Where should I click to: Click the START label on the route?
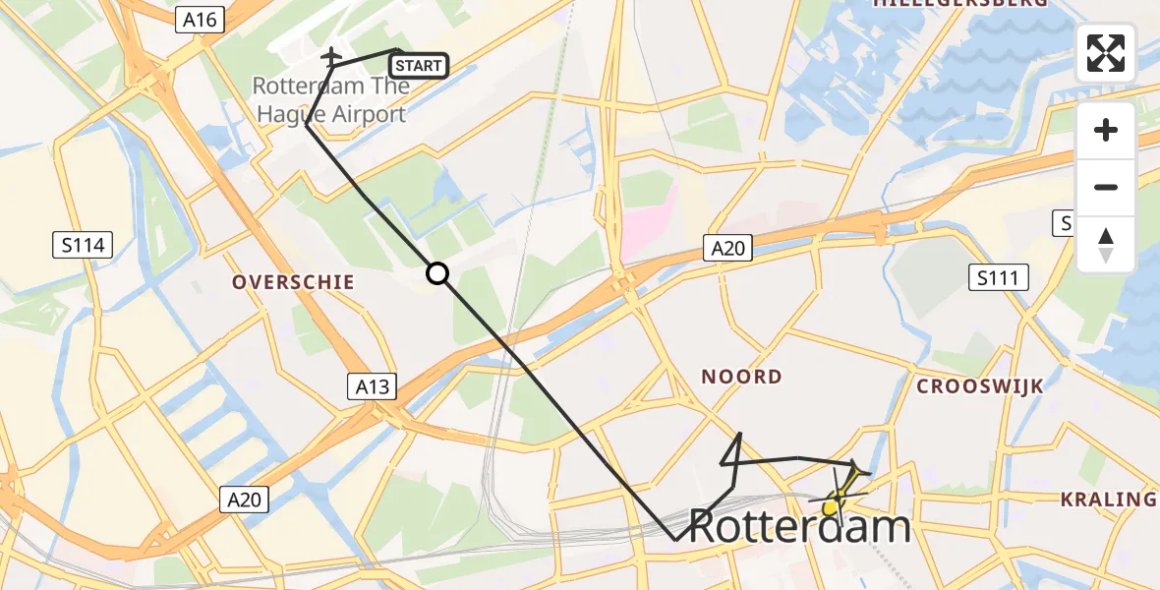420,66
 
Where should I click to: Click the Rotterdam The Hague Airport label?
330,99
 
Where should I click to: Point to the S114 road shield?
83,245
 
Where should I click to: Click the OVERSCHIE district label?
293,282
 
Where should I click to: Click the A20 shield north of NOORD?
728,249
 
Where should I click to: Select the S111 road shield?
998,278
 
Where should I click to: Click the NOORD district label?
742,377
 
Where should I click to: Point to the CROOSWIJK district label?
979,386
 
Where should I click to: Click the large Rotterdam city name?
799,527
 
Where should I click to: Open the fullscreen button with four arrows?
1106,53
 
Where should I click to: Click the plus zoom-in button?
1106,130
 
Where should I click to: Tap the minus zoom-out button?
1106,187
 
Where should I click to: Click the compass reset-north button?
1106,245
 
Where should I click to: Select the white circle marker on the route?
437,273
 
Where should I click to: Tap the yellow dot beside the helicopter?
830,507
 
